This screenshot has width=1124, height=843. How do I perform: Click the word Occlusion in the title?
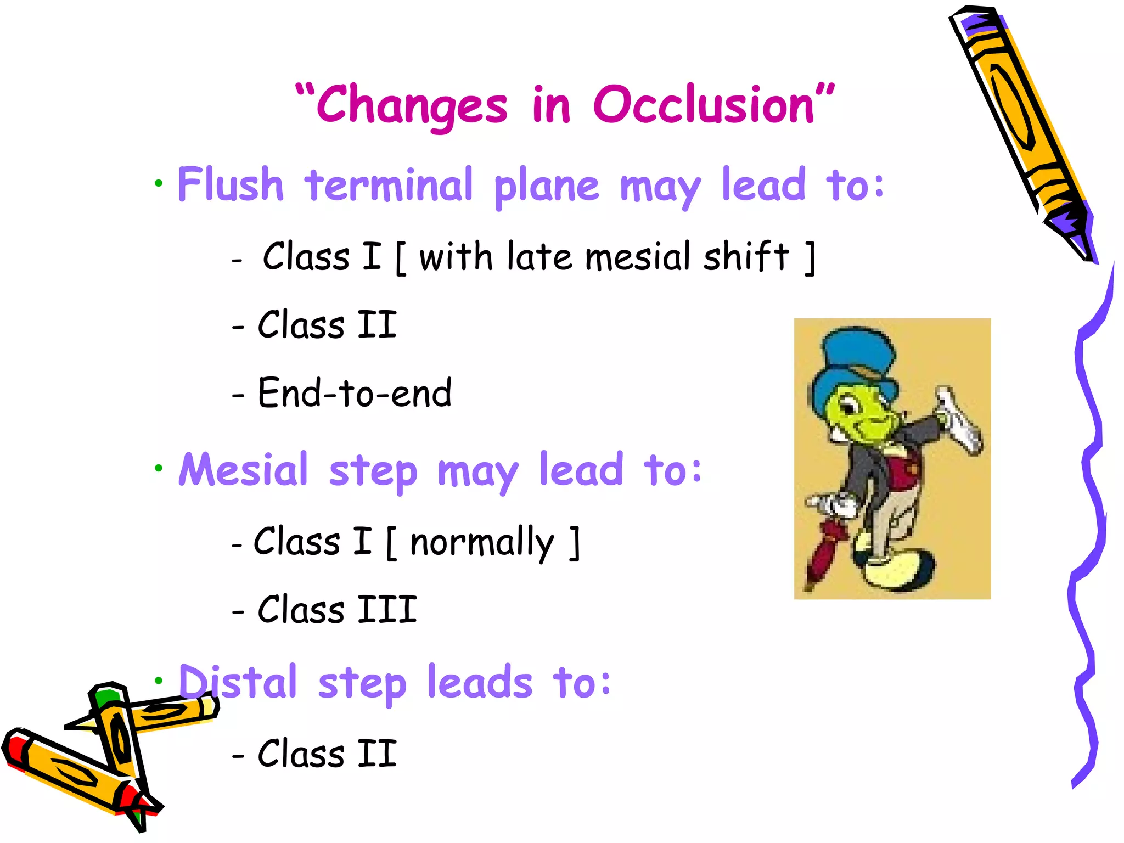[704, 105]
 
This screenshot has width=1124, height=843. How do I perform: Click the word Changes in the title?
[412, 105]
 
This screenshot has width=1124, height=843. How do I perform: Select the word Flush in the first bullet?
[231, 185]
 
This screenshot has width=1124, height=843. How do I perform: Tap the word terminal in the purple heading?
[389, 185]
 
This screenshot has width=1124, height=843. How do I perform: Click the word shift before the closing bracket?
[746, 257]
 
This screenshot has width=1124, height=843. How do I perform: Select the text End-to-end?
[355, 394]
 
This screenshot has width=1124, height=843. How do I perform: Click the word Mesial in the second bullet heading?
[244, 470]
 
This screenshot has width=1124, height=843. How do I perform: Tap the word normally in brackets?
[482, 542]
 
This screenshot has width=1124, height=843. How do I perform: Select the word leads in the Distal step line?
[480, 682]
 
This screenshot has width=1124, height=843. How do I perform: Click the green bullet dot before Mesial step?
[159, 468]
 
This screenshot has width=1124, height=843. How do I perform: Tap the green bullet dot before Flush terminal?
[159, 183]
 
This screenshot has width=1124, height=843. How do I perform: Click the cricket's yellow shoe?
[900, 571]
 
